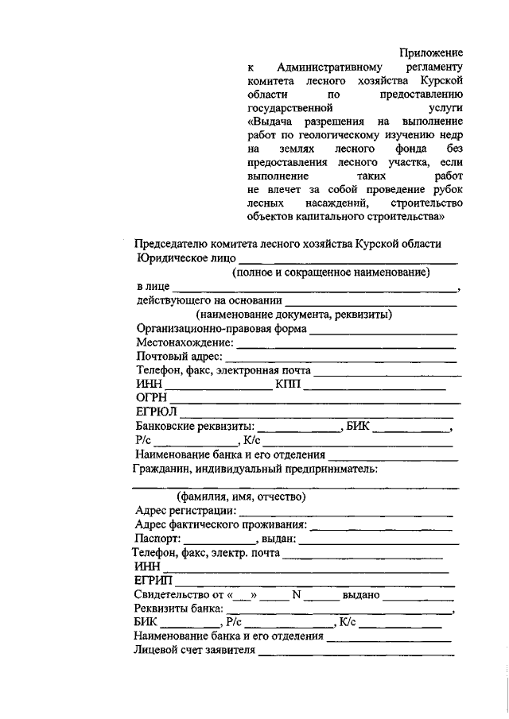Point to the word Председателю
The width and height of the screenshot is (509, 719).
[170, 244]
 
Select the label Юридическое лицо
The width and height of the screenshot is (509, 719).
[185, 258]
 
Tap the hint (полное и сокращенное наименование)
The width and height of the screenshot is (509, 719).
[331, 273]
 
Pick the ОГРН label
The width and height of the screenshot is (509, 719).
[150, 397]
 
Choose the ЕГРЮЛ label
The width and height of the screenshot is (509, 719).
[154, 412]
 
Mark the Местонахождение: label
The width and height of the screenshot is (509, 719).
[185, 343]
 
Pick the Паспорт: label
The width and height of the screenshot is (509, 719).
[158, 539]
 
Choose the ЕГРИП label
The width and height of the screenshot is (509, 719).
[153, 582]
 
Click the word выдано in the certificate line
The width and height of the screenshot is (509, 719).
[360, 595]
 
